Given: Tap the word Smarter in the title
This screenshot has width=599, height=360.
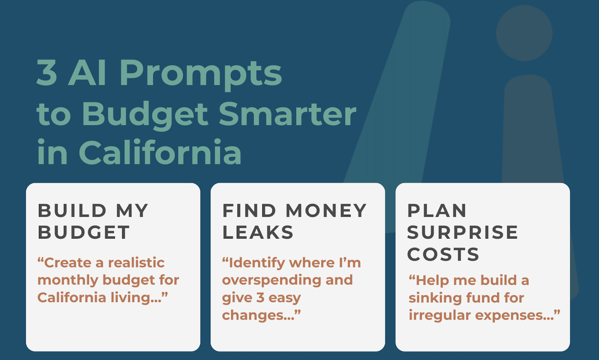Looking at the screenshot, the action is pos(288,114).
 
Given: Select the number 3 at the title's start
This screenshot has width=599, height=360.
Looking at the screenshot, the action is pos(47,73).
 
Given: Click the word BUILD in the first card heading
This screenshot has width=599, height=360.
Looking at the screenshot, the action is pos(72,211).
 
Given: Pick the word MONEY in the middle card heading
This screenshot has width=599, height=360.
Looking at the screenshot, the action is pos(326,211).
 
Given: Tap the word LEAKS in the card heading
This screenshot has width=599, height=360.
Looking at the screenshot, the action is pos(258,232).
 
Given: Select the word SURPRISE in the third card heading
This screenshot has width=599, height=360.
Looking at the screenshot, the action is pos(463,232).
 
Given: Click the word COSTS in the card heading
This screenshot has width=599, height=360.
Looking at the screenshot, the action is pos(443,254).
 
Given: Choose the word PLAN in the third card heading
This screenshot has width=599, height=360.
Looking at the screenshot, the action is pos(437,211).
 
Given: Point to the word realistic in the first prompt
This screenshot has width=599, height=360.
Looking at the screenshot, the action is pos(136,263).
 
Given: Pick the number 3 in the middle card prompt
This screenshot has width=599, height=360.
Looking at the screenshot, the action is pos(260,298).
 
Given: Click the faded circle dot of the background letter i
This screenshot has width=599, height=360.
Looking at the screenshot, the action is pos(524,33).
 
